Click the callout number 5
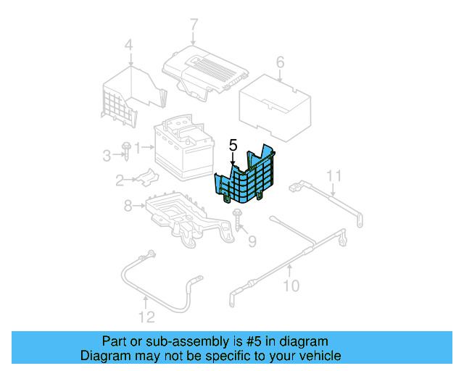click(233, 146)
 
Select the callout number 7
click(194, 27)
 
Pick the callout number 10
click(290, 285)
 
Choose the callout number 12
click(146, 317)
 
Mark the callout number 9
click(252, 241)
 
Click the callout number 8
click(128, 207)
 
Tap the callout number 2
click(119, 180)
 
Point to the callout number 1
click(138, 148)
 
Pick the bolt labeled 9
click(238, 222)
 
